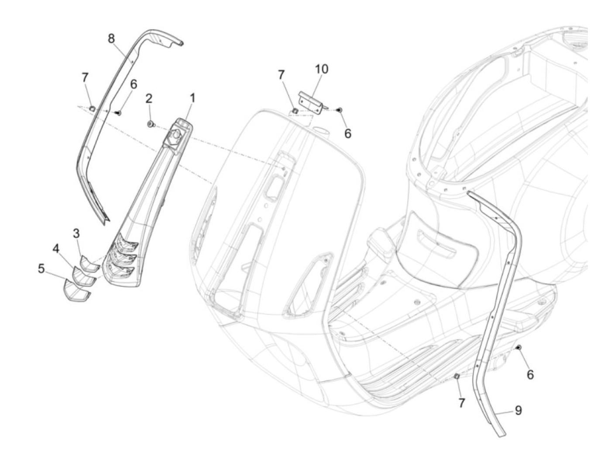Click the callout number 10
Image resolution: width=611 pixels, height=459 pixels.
click(322, 69)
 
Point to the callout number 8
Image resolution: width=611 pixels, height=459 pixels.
click(112, 38)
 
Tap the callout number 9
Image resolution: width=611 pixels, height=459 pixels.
click(518, 410)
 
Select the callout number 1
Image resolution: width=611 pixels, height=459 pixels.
click(192, 98)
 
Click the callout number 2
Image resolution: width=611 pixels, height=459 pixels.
click(149, 98)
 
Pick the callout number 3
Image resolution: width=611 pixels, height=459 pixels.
click(76, 233)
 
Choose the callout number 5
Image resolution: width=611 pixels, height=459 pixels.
click(41, 268)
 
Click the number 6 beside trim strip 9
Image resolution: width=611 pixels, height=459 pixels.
click(530, 374)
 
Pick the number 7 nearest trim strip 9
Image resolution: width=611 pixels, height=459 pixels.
click(461, 403)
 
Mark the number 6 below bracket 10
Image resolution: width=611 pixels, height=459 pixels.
click(347, 134)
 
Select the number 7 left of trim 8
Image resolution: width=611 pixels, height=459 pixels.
click(85, 78)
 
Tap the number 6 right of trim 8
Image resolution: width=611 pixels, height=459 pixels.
click(134, 84)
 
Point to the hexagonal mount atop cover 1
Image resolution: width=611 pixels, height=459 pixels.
click(177, 134)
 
